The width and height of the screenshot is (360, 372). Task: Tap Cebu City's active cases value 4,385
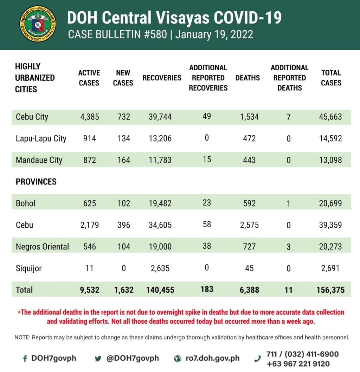pyautogui.click(x=89, y=117)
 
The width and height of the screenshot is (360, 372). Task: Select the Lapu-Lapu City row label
pyautogui.click(x=41, y=138)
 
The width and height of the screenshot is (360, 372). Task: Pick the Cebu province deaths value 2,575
pyautogui.click(x=249, y=225)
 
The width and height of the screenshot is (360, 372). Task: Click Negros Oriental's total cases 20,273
pyautogui.click(x=331, y=247)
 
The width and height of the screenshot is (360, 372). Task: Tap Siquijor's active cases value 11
pyautogui.click(x=89, y=268)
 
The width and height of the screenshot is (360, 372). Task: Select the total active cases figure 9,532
pyautogui.click(x=89, y=290)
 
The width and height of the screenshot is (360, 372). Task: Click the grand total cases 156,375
pyautogui.click(x=330, y=290)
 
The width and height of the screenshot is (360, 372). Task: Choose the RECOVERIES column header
pyautogui.click(x=162, y=78)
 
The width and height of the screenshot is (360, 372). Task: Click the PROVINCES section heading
pyautogui.click(x=36, y=182)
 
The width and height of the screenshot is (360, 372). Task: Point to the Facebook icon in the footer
pyautogui.click(x=25, y=359)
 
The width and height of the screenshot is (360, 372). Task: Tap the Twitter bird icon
pyautogui.click(x=98, y=359)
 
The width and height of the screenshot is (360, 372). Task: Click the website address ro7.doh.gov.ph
pyautogui.click(x=212, y=358)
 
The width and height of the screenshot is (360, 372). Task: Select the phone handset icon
pyautogui.click(x=258, y=359)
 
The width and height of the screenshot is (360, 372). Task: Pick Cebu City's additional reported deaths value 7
pyautogui.click(x=288, y=117)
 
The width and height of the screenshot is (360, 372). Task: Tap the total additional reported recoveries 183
pyautogui.click(x=207, y=289)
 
